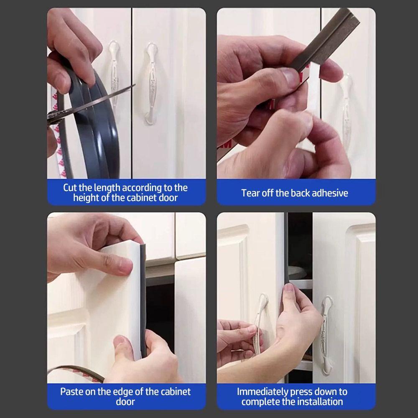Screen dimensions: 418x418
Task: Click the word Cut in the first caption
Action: [70, 188]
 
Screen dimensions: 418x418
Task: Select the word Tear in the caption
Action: [250, 193]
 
